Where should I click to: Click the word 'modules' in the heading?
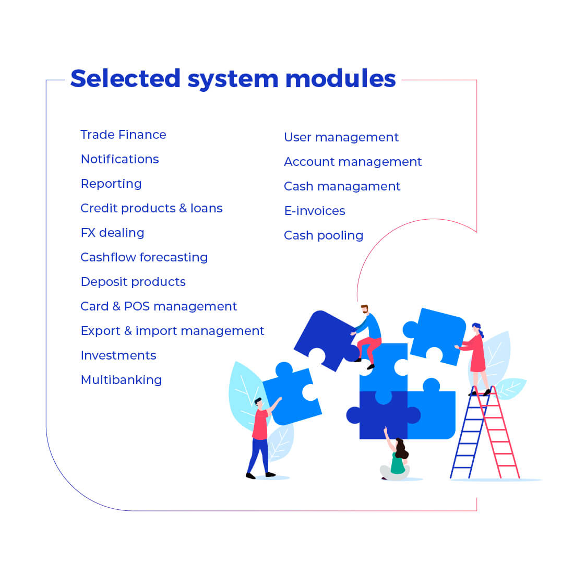340,79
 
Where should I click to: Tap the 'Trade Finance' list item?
123,135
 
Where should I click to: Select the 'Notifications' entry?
119,159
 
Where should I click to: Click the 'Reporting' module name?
111,184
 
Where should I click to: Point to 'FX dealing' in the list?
112,233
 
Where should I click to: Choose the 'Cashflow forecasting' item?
144,257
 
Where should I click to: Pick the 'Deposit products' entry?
133,282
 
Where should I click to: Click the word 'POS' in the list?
137,306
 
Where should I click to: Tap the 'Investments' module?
118,355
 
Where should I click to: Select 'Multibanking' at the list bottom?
121,380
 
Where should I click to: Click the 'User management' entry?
341,137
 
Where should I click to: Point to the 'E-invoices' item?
315,211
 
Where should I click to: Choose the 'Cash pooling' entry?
324,235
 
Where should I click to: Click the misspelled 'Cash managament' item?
342,186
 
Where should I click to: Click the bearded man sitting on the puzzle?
368,334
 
